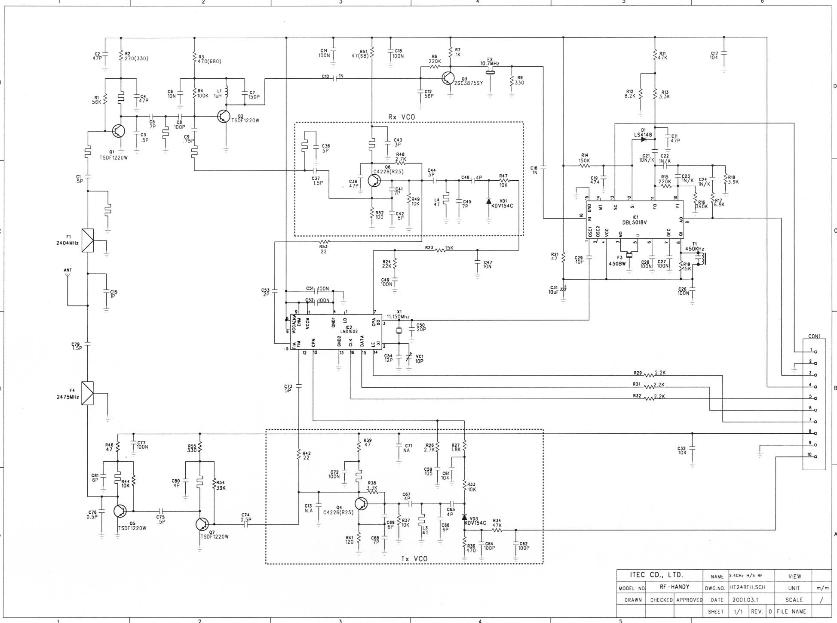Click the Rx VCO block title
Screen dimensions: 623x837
tap(402, 117)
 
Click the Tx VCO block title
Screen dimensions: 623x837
tap(414, 558)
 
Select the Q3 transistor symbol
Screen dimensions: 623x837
tap(448, 78)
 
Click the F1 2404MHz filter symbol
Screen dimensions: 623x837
tap(88, 240)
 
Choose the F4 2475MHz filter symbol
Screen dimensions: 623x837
tap(88, 393)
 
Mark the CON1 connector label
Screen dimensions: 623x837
tap(814, 336)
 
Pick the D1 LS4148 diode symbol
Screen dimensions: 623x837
tap(644, 139)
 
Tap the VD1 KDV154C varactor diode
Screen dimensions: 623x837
tap(489, 201)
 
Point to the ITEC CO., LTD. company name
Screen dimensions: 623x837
tap(656, 575)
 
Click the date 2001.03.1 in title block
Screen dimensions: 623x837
tap(746, 599)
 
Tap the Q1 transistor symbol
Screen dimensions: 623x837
tap(118, 131)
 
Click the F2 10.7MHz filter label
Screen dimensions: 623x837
tap(490, 62)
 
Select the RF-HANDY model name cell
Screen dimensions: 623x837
tap(674, 587)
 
